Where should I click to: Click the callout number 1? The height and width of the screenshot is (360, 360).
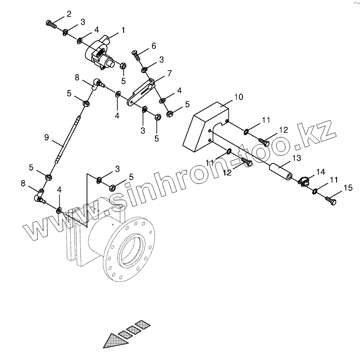[123, 30]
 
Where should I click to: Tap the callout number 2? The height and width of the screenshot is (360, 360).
[68, 14]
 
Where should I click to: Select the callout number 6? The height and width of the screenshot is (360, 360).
[153, 45]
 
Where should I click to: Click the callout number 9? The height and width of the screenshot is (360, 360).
[46, 137]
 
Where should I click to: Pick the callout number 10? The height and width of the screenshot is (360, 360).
[238, 97]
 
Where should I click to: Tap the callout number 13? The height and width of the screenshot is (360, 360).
[296, 158]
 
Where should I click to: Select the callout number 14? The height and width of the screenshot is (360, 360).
[320, 171]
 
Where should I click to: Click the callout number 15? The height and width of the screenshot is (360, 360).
[348, 188]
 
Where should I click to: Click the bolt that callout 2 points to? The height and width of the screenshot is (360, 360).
[52, 23]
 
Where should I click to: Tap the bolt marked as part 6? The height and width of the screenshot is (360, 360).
[136, 56]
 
